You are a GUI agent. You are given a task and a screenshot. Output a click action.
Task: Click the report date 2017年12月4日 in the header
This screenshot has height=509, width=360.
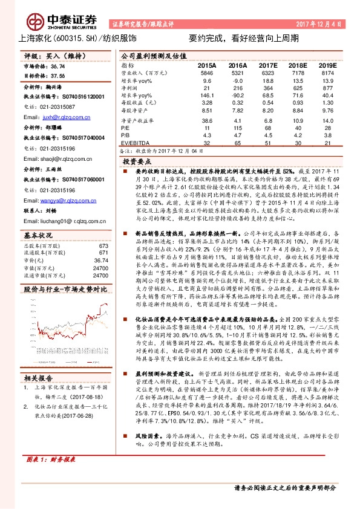319,25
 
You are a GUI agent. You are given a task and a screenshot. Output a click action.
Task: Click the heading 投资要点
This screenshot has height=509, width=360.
137,163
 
